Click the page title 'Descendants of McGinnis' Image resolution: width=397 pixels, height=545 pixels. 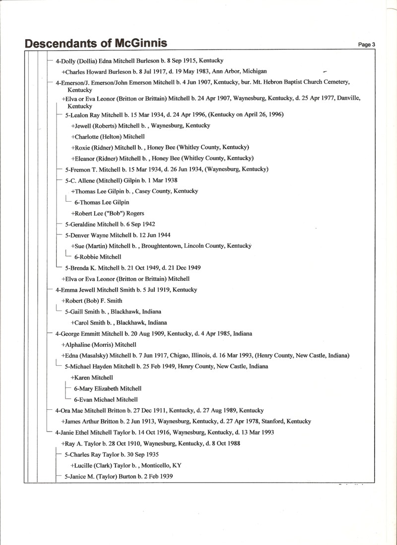(96, 44)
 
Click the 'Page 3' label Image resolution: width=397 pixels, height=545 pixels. (366, 45)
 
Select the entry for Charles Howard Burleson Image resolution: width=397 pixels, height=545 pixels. (164, 71)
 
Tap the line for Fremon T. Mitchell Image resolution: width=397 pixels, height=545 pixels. (167, 169)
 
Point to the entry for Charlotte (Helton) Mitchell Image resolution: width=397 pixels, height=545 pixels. (108, 136)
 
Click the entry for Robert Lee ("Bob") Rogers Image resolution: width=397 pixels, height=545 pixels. (108, 213)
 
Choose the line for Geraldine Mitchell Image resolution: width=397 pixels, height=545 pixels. (110, 224)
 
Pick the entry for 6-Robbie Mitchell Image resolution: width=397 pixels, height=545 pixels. (98, 257)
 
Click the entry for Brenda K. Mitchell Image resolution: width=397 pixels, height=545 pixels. (132, 268)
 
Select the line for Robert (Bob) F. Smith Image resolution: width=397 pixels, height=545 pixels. (92, 300)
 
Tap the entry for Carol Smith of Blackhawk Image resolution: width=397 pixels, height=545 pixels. (119, 322)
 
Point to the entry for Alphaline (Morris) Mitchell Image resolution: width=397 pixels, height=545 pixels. (99, 344)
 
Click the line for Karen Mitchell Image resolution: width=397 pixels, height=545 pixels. (92, 378)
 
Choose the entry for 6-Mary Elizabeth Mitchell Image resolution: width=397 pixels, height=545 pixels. (108, 388)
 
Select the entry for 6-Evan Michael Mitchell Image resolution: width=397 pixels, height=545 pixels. (106, 399)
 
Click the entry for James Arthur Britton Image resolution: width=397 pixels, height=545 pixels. (186, 421)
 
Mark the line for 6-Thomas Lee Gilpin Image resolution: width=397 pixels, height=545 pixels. (102, 202)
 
